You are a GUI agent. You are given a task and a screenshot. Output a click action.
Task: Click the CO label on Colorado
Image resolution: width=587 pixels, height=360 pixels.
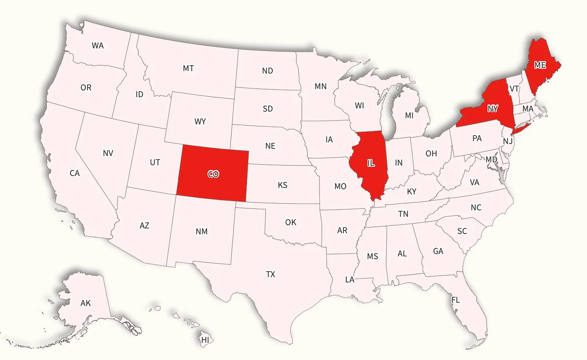(x=213, y=174)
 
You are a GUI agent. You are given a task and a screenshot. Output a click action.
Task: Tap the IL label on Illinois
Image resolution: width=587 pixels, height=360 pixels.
(x=371, y=163)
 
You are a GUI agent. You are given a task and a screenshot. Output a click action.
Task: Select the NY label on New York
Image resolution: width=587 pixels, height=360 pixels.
(x=493, y=108)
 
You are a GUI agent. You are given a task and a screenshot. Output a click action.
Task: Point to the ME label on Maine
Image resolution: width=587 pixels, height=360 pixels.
(x=540, y=65)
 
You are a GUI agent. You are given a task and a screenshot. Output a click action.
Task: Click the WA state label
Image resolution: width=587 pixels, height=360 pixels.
(x=98, y=46)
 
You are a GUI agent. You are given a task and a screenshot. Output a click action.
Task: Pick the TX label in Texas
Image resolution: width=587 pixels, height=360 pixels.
(x=271, y=274)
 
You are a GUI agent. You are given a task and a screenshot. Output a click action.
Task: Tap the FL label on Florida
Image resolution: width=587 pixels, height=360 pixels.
(x=455, y=300)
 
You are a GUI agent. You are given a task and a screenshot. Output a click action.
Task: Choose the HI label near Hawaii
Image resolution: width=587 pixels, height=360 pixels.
(x=205, y=340)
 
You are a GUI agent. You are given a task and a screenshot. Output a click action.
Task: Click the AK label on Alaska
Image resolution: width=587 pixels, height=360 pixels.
(x=86, y=303)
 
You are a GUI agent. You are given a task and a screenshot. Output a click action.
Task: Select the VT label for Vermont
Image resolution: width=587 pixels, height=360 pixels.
(x=514, y=89)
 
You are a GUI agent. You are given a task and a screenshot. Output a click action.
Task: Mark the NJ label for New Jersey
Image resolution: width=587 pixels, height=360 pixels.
(x=508, y=141)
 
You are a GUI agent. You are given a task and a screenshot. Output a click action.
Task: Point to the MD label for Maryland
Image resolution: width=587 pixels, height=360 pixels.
(x=491, y=160)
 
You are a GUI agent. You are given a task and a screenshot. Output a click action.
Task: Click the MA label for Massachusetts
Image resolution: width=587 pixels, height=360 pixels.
(x=528, y=109)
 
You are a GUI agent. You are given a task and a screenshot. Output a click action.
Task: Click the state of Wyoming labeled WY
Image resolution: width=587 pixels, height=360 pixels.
(x=200, y=121)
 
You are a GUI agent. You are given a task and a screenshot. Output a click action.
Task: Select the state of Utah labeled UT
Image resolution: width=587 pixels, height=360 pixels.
(x=155, y=162)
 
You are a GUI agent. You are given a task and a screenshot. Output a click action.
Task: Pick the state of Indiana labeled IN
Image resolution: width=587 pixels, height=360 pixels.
(x=399, y=163)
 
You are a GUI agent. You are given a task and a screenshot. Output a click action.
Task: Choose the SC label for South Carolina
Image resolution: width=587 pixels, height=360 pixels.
(x=462, y=231)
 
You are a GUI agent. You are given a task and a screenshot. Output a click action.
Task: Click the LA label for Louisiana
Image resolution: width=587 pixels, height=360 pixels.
(x=350, y=280)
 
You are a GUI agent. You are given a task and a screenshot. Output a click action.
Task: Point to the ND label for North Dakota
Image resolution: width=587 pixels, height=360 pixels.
(x=268, y=71)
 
